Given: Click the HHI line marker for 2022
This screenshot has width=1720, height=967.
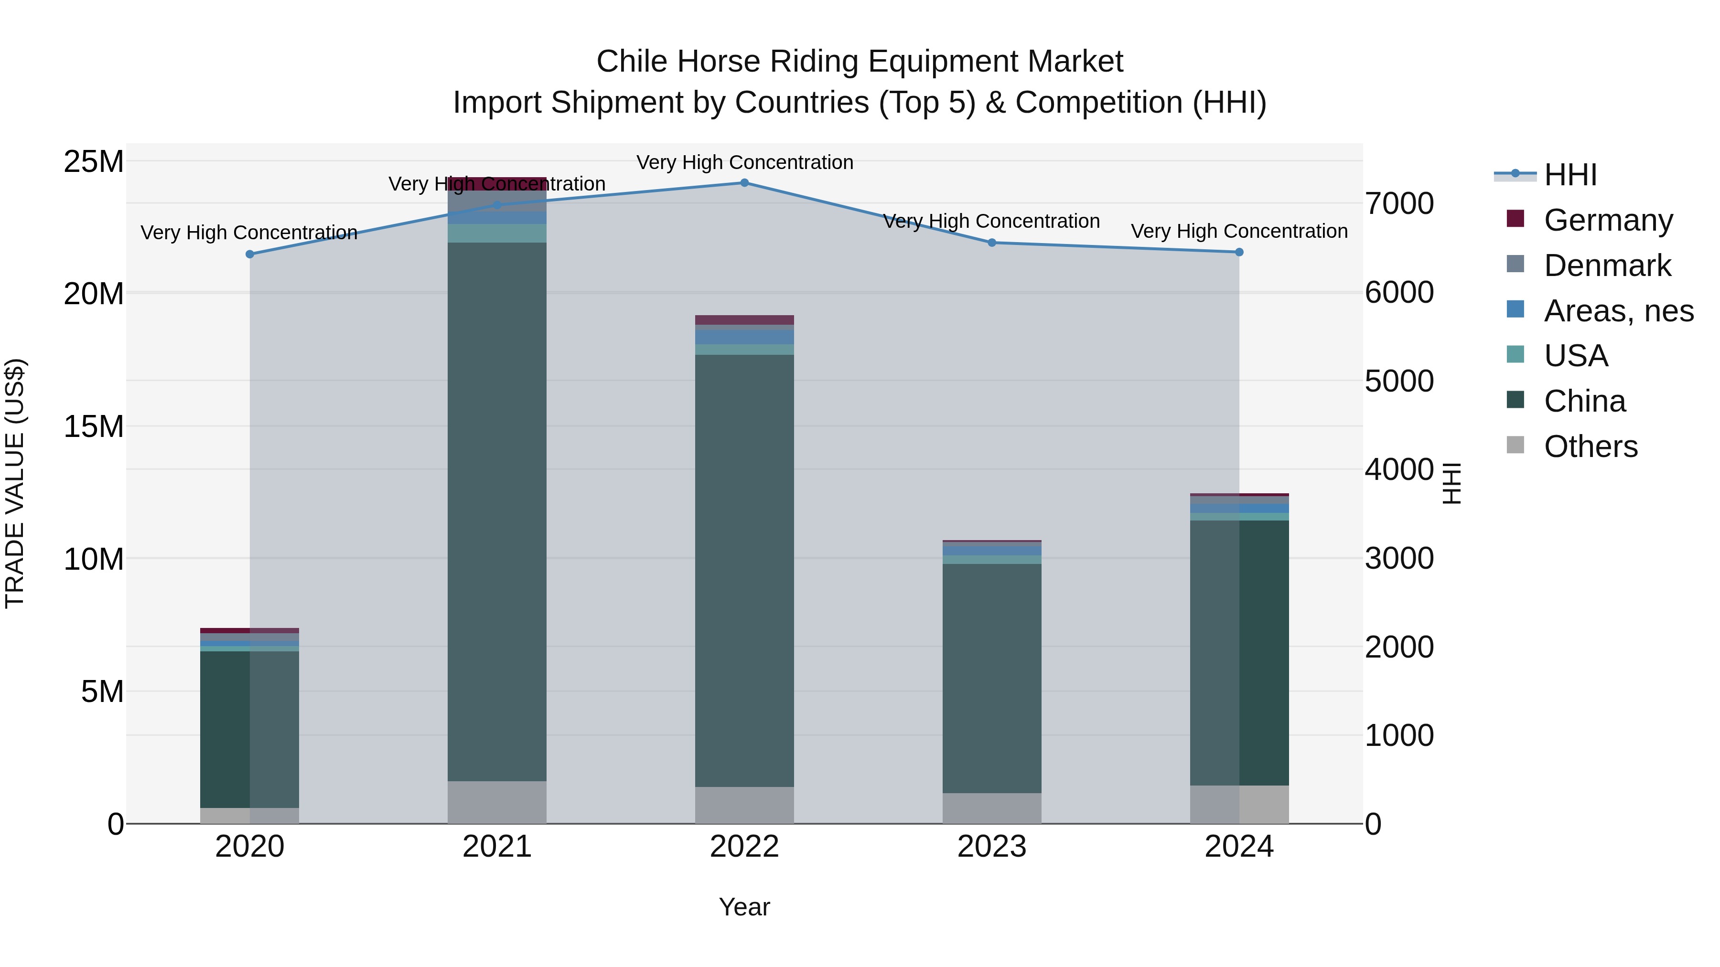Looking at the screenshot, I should coord(744,183).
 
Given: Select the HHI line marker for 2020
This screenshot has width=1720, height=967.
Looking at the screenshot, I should coord(250,254).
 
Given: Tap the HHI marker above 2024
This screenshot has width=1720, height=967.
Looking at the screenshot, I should coord(1239,252).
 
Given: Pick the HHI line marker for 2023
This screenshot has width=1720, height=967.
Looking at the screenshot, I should coord(991,243).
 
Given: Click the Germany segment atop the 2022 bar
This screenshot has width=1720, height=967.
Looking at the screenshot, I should coord(744,319).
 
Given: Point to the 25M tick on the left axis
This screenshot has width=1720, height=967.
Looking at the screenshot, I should coord(94,162).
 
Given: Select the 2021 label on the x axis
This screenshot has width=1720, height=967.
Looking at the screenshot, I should coord(497,847).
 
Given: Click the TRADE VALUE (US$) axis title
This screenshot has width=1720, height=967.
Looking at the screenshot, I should coord(15,483).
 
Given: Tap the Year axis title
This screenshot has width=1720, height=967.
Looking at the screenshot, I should coord(744,908).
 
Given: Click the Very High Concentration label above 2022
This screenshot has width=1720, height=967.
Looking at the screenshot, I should coord(744,162).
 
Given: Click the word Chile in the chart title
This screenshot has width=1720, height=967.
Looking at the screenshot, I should coord(632,62).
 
